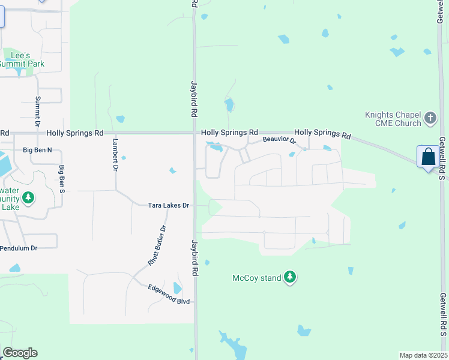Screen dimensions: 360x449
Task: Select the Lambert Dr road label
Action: (114, 154)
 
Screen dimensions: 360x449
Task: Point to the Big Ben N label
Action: (38, 149)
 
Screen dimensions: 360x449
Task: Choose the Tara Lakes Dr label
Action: (169, 205)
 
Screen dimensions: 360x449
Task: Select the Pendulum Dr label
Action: (19, 248)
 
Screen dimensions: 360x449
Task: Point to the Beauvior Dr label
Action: (280, 140)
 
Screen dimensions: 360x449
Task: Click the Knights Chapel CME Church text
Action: (393, 119)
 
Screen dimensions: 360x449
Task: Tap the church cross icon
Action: (430, 118)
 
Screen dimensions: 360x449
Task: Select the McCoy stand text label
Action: (257, 278)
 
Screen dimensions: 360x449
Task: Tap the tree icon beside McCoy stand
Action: (291, 277)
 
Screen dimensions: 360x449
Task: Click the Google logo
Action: (19, 353)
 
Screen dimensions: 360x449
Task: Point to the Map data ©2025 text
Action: (423, 355)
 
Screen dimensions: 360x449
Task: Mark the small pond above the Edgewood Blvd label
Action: (176, 289)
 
